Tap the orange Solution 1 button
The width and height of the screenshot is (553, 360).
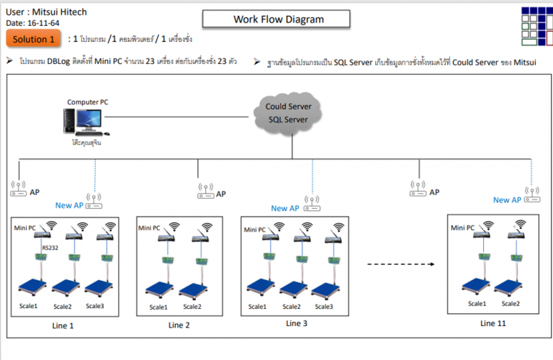33,40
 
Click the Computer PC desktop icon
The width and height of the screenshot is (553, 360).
87,121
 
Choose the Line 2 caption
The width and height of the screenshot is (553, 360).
179,325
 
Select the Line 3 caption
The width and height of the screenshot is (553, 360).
297,324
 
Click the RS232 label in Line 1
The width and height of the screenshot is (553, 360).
50,248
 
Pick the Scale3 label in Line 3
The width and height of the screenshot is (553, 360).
324,307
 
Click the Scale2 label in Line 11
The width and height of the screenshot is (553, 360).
510,304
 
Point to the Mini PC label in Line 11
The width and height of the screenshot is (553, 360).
462,228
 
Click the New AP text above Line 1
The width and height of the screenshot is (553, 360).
69,205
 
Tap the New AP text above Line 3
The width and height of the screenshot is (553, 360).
284,209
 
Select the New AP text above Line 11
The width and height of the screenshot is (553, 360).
507,200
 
